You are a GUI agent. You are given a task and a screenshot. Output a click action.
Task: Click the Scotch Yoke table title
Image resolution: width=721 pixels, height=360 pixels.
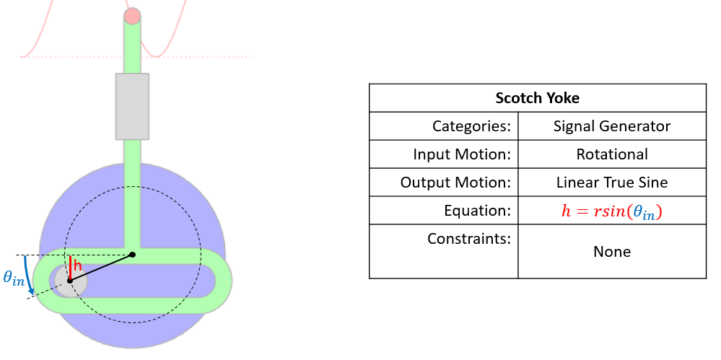537,98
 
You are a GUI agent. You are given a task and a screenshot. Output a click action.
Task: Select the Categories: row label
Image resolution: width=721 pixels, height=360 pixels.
471,126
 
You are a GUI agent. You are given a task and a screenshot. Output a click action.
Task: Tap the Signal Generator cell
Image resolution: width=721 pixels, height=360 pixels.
612,126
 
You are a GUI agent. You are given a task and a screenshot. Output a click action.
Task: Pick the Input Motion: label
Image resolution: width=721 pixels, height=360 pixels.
462,154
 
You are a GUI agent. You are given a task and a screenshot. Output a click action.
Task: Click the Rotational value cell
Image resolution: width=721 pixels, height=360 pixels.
612,154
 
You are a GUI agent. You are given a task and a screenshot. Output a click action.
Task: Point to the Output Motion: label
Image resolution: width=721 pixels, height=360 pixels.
455,183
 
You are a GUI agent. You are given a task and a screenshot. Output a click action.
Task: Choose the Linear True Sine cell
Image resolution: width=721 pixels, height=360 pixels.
612,183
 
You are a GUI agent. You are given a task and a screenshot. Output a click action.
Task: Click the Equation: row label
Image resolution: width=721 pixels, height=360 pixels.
479,211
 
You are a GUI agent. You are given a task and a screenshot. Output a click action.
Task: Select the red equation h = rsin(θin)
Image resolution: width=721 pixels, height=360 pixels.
612,211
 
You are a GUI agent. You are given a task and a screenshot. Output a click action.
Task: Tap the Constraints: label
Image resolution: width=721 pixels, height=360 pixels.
468,238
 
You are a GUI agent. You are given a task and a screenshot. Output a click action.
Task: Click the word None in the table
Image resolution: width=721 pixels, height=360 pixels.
612,252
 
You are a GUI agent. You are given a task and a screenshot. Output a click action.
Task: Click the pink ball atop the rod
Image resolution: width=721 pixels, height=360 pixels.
132,16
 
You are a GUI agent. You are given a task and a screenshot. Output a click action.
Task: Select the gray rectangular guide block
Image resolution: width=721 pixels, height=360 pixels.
132,106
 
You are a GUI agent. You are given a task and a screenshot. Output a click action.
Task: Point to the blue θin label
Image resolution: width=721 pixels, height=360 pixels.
14,278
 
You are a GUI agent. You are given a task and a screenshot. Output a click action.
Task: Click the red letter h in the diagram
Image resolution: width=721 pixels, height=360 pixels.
78,266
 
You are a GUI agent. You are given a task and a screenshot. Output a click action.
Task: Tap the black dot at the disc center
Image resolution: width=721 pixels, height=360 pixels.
132,255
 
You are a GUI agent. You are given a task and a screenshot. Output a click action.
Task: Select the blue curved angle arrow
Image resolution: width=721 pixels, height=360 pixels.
29,278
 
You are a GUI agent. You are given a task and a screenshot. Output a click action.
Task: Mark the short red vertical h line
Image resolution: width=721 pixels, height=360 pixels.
70,266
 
